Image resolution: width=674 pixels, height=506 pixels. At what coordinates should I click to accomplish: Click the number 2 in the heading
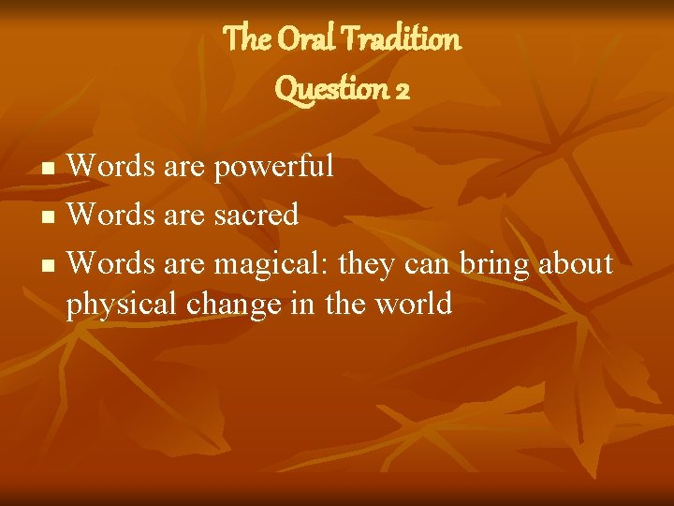(x=403, y=89)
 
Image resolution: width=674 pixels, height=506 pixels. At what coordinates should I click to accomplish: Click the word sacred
(x=256, y=216)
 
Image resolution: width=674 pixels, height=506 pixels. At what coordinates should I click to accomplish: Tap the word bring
(x=495, y=264)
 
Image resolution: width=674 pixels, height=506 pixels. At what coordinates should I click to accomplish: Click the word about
(x=576, y=264)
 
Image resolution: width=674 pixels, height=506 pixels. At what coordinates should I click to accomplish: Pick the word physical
(x=121, y=305)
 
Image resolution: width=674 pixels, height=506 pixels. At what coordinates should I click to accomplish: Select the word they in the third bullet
(x=368, y=265)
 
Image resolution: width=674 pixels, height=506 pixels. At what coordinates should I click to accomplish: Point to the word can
(x=429, y=265)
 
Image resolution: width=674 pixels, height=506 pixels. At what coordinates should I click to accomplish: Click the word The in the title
(x=245, y=39)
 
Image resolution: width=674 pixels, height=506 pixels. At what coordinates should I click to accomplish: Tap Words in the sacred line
(x=107, y=216)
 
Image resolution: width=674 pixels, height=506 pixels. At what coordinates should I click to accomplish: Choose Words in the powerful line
(x=107, y=167)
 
